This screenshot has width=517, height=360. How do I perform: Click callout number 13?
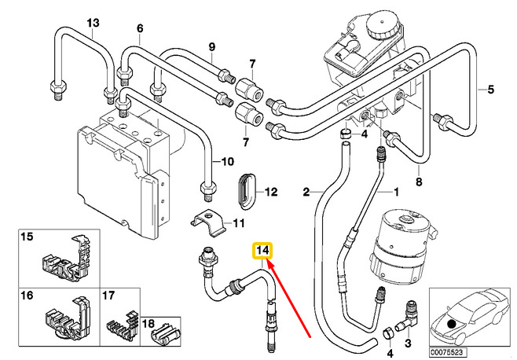[x=93, y=23]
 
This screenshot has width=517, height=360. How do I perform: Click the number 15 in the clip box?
[x=27, y=237]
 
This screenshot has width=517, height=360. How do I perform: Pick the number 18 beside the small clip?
[x=145, y=324]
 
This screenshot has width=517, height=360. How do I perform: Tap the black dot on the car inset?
[x=450, y=323]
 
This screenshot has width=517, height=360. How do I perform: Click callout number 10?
[x=226, y=163]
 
